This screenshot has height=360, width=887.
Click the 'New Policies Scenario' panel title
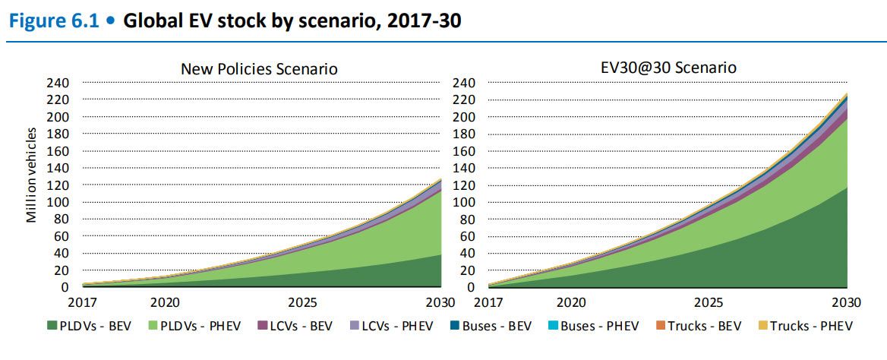[x=259, y=68]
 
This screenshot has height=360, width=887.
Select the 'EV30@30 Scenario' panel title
[x=668, y=68]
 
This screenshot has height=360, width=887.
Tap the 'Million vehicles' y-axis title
[x=32, y=175]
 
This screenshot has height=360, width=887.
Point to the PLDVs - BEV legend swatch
[x=52, y=326]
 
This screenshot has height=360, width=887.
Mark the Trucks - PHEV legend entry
[x=804, y=326]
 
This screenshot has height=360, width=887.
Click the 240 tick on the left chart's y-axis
[x=59, y=83]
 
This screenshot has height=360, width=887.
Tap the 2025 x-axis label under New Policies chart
[x=303, y=301]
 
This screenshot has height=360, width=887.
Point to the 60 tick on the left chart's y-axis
[x=62, y=236]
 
